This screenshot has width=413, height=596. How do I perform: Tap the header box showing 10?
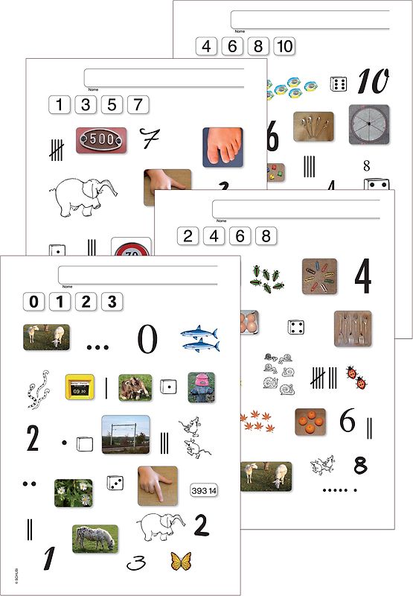coord(284,46)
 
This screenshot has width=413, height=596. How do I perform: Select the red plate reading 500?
coord(100,139)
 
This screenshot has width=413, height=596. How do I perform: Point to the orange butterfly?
coord(179,560)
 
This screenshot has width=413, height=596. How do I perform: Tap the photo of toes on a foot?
coord(222,146)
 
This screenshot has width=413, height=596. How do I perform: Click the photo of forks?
coord(352,328)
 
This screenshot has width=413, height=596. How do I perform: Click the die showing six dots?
coord(338,83)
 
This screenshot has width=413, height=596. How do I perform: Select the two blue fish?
coord(200,339)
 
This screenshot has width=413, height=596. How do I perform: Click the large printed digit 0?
coord(147,340)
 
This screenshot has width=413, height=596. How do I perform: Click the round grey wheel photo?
coord(368,122)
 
